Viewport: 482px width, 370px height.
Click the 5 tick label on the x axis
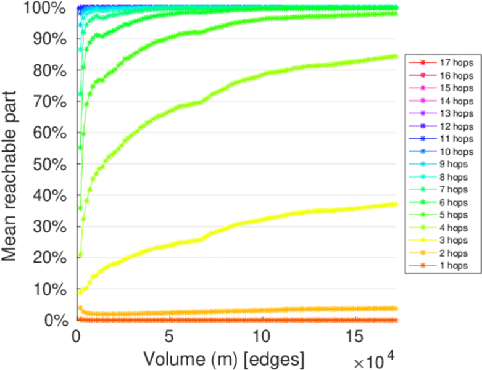pos(169,338)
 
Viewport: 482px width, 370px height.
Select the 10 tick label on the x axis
pos(262,338)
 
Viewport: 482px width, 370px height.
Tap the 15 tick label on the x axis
pos(354,338)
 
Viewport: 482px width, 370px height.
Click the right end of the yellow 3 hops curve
pos(395,204)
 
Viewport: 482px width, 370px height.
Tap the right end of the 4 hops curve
pos(395,56)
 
